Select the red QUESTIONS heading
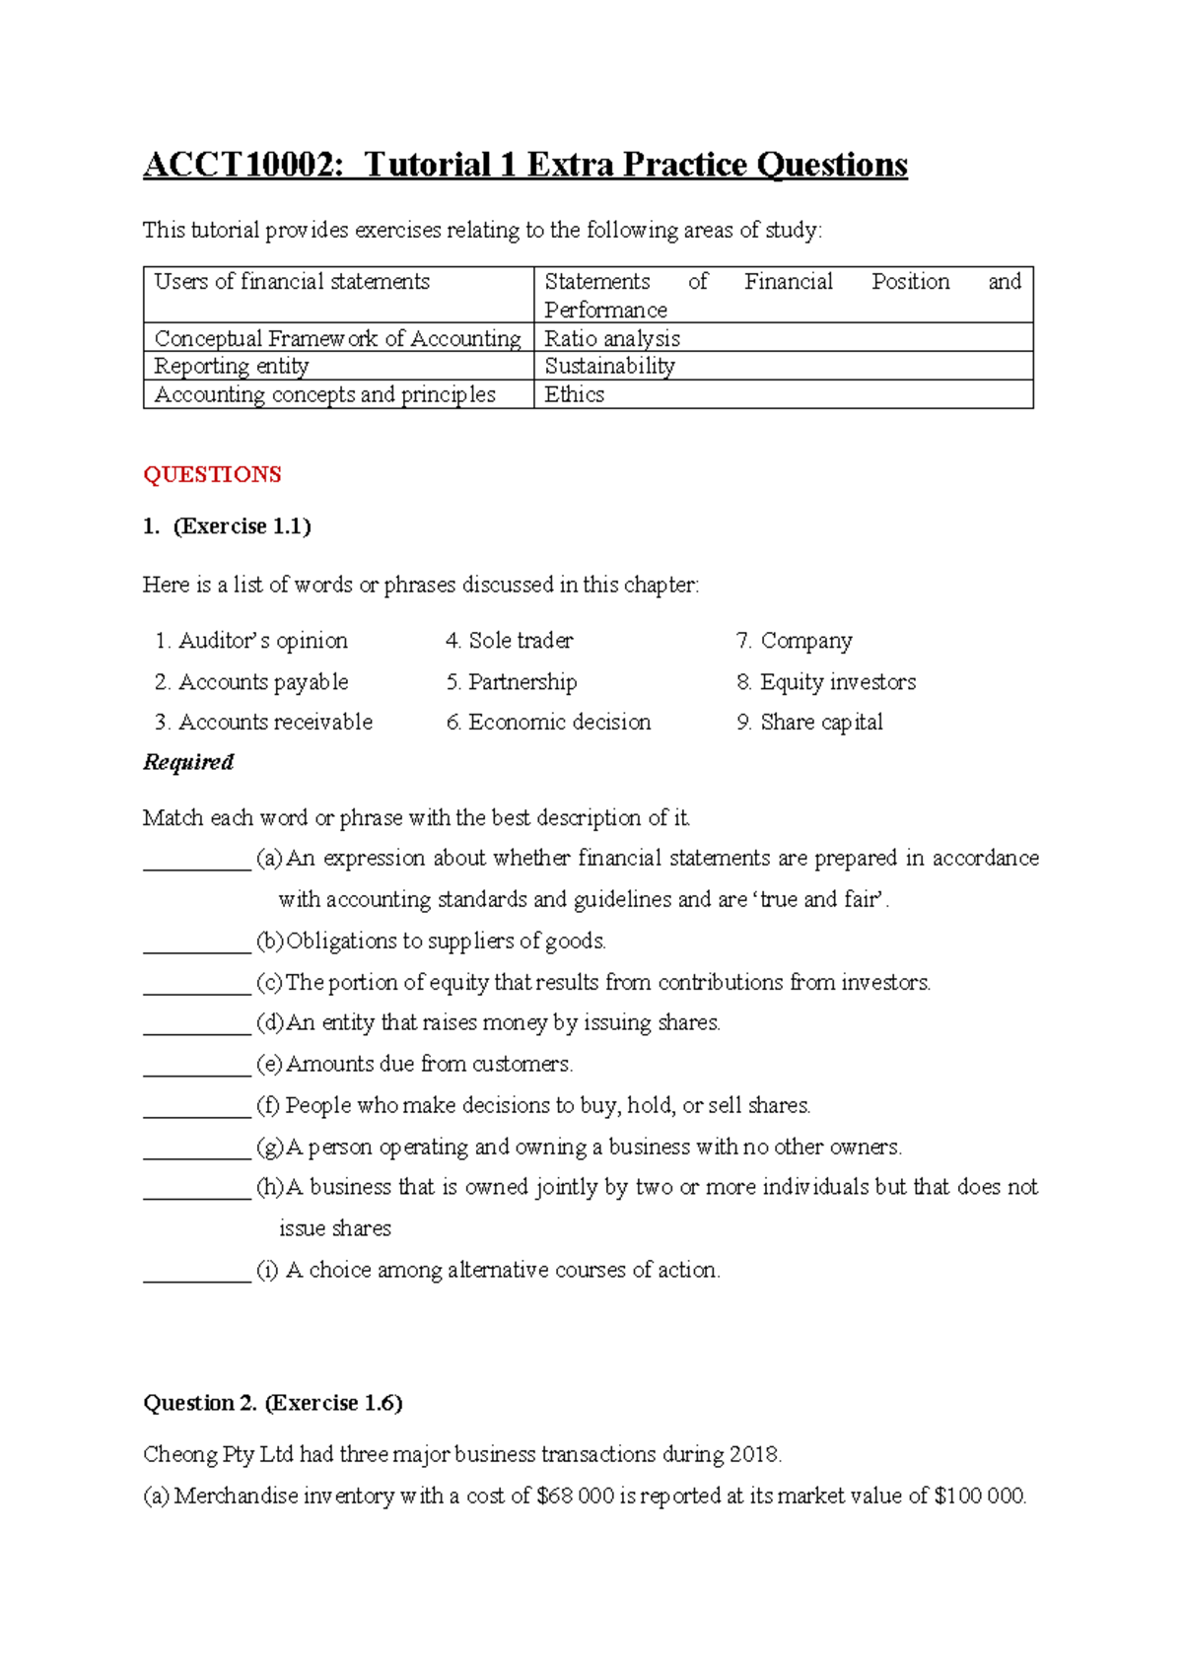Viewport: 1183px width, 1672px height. click(212, 474)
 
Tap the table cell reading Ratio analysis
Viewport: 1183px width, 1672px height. click(612, 338)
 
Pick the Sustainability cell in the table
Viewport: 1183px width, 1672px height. click(609, 366)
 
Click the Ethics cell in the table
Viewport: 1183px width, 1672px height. click(575, 394)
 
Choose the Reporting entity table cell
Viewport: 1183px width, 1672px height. click(232, 366)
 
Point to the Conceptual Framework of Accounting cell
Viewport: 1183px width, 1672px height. click(337, 338)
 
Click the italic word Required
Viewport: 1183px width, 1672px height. click(188, 762)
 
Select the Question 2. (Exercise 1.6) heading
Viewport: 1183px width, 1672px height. click(273, 1403)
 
